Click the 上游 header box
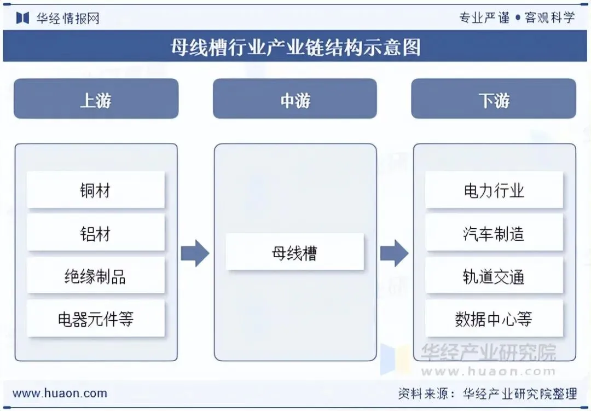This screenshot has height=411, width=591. click(96, 99)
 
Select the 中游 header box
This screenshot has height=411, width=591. click(294, 99)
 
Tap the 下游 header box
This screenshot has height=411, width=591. click(493, 99)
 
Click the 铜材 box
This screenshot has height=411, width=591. click(96, 190)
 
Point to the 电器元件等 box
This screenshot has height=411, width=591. click(96, 318)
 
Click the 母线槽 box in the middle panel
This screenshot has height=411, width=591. click(294, 252)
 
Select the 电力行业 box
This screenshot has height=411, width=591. click(494, 190)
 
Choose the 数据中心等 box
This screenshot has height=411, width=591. click(494, 318)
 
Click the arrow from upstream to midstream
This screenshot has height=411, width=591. click(195, 253)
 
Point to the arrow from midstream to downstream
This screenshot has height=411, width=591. click(394, 253)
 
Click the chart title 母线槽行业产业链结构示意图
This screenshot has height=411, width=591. click(296, 47)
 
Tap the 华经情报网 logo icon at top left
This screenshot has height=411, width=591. click(22, 18)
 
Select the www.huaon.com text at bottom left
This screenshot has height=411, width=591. click(60, 393)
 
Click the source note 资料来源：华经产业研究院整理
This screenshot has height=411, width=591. click(487, 393)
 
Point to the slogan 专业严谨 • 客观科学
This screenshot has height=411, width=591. click(517, 18)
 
